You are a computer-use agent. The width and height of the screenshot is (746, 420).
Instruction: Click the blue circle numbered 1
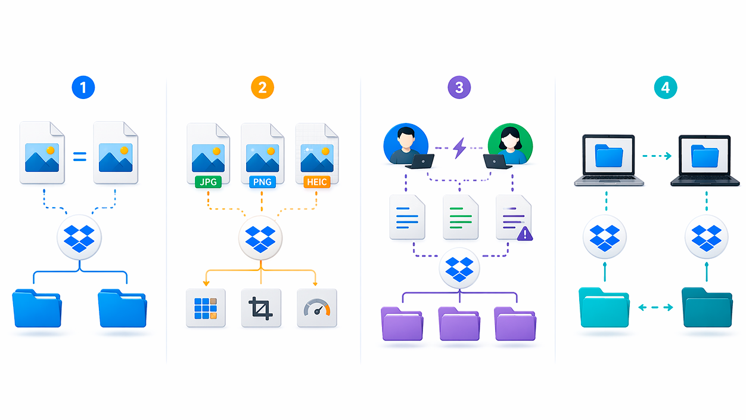coord(83,88)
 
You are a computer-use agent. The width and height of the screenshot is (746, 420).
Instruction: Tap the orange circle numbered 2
coord(262,88)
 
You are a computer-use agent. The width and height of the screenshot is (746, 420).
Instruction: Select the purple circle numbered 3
coord(459,88)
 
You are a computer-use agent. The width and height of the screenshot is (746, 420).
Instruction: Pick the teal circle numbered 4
coord(665,88)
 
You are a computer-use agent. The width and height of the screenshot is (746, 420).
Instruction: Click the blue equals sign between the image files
coord(79,157)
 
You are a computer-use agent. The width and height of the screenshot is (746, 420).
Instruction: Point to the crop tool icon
coord(260,308)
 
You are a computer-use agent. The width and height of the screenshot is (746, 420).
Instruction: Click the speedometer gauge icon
coord(316,308)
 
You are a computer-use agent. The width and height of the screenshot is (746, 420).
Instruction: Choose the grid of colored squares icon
coord(206,308)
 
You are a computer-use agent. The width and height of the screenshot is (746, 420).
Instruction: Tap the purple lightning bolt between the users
coord(459,147)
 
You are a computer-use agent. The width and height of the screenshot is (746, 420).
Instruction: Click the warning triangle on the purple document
coord(525,234)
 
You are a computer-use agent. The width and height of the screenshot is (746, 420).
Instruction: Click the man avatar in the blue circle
coord(406,143)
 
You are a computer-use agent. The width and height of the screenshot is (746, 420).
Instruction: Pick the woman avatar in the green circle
coord(510,143)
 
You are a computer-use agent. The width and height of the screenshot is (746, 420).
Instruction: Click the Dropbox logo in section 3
coord(459,269)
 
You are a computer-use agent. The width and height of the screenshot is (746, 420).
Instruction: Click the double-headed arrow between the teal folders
coord(655,308)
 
